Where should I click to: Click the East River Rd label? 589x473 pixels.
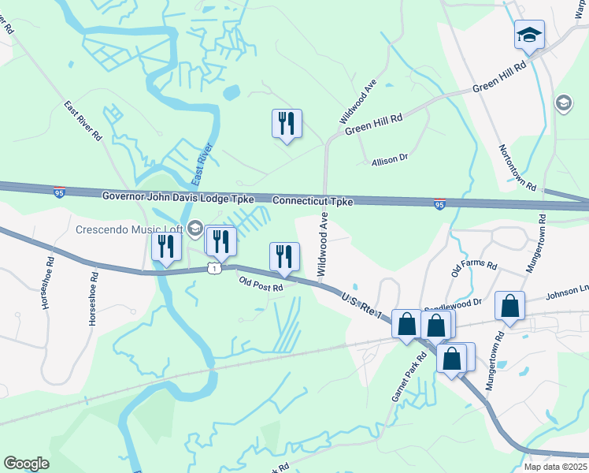tap(83, 121)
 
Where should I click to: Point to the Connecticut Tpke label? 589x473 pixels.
tap(313, 201)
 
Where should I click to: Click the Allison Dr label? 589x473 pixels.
tap(390, 158)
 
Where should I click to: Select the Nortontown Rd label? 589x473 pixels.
tap(517, 168)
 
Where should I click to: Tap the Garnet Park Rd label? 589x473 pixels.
tap(409, 377)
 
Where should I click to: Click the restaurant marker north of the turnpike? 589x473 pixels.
tap(287, 124)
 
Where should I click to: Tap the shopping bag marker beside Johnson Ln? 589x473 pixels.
tap(510, 306)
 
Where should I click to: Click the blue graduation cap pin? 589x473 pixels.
tap(530, 35)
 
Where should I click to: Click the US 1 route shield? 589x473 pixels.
tap(213, 269)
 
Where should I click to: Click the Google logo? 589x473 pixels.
tap(26, 464)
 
